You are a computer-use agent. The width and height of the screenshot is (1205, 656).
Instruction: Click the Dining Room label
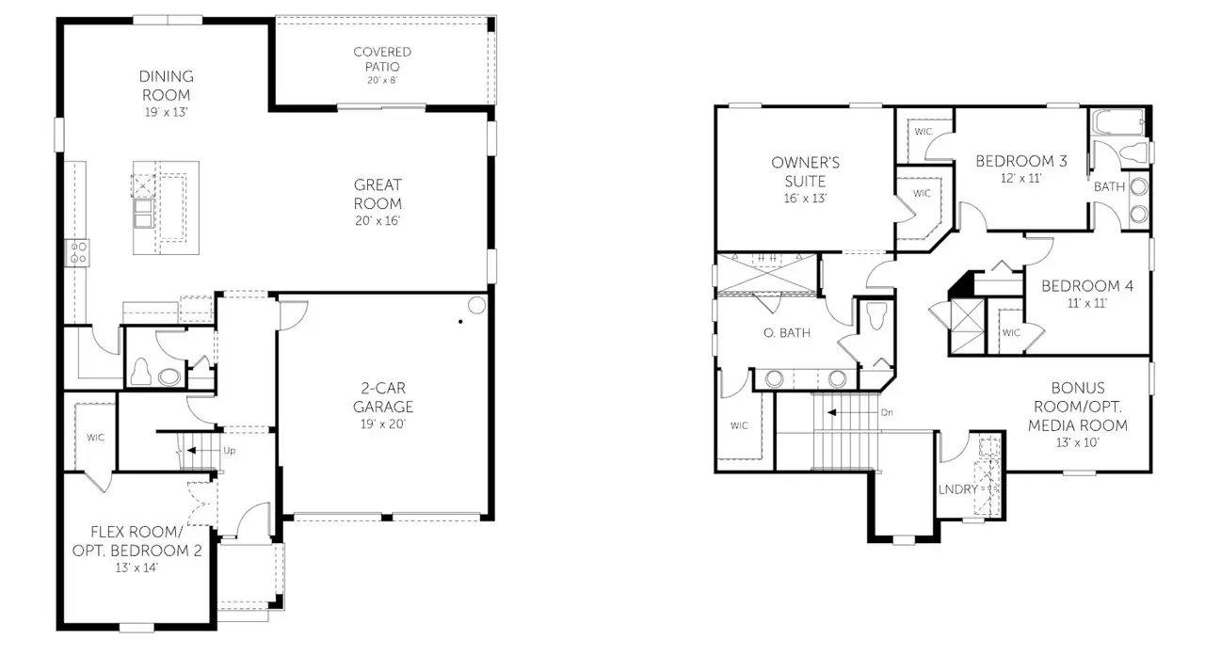166,86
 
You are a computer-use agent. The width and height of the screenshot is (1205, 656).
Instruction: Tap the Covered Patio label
382,59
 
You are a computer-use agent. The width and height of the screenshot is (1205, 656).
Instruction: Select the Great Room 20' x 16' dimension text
378,220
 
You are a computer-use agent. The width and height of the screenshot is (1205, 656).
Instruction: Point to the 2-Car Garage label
383,397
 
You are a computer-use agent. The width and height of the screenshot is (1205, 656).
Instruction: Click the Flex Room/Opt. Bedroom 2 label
137,540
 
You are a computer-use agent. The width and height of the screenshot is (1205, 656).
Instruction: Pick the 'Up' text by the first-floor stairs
229,451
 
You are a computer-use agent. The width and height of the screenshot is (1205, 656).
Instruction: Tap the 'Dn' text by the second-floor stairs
887,412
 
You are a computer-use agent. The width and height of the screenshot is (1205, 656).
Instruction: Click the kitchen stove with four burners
77,251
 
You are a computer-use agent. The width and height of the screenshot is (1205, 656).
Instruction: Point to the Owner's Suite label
805,171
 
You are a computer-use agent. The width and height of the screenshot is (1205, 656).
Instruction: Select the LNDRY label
957,489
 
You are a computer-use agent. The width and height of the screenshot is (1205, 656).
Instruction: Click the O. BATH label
787,332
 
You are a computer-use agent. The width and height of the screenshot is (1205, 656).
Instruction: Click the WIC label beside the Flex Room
96,438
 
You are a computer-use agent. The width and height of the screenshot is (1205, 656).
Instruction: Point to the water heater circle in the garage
476,305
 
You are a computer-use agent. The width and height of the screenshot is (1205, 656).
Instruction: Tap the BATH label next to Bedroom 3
1109,186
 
